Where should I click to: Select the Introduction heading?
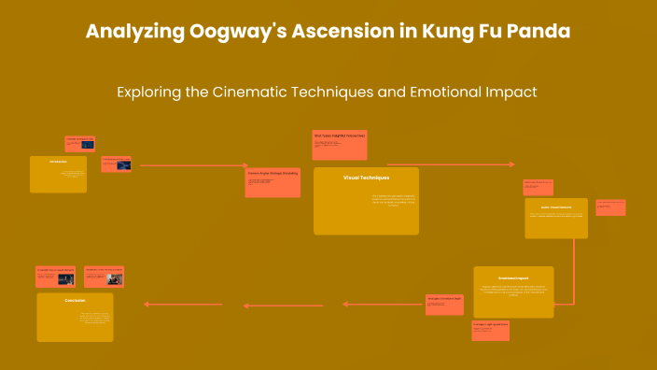(x=58, y=162)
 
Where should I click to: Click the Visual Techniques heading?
(x=366, y=177)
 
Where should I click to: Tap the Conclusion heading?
(x=75, y=300)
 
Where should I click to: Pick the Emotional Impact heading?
(x=512, y=277)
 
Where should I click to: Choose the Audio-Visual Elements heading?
(x=555, y=206)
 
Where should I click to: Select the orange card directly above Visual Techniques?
(x=340, y=145)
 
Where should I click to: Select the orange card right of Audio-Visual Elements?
(x=610, y=207)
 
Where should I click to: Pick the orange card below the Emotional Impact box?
(x=490, y=330)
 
